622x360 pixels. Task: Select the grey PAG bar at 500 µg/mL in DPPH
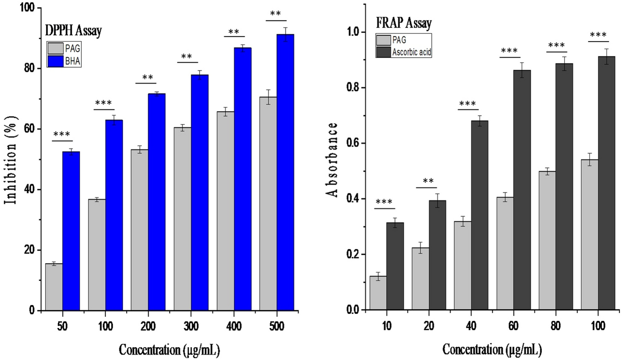(x=268, y=204)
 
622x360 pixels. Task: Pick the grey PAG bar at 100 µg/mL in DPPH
(x=97, y=255)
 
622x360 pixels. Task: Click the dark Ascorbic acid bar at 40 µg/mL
(x=479, y=215)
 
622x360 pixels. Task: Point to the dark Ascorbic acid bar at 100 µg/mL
(x=606, y=183)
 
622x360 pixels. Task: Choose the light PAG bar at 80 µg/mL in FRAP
(x=547, y=241)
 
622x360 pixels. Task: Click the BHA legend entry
(x=73, y=61)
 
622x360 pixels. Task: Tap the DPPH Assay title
(x=73, y=31)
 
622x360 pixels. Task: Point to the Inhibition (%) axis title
(x=12, y=160)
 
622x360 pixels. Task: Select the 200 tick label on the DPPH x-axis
(x=148, y=326)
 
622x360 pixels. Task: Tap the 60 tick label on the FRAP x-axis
(x=513, y=326)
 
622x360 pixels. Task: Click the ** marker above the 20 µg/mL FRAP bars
(x=428, y=182)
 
